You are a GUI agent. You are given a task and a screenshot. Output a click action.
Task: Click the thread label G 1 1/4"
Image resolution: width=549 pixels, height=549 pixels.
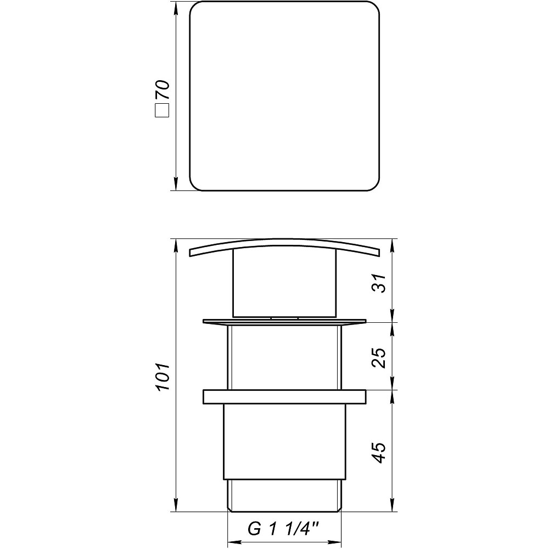pyautogui.click(x=283, y=529)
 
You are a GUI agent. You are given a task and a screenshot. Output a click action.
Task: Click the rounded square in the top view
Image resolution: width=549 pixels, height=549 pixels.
pyautogui.click(x=284, y=96)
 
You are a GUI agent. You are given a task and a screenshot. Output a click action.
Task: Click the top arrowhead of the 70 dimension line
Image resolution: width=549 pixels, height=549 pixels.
pyautogui.click(x=176, y=8)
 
